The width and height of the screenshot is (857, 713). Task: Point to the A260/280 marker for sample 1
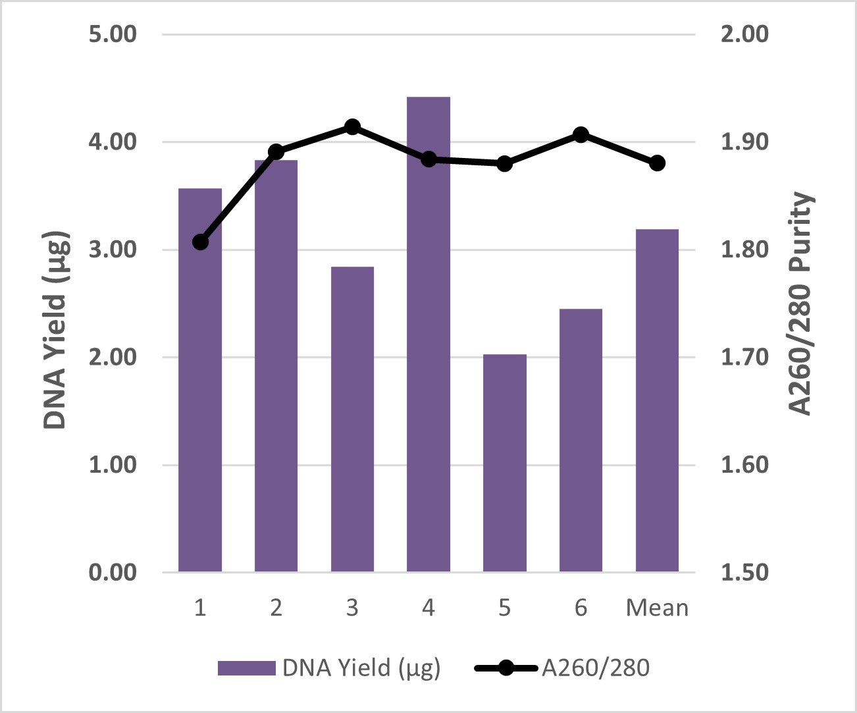pos(201,242)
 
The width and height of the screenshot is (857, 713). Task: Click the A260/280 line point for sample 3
pos(352,126)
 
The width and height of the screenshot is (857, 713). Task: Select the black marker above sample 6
pos(581,135)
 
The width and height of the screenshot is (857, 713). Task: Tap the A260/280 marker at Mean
pos(657,163)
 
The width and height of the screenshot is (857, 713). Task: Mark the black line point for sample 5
pos(504,163)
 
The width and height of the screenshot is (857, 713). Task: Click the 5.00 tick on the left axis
pos(113,34)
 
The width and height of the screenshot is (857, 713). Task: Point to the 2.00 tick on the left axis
pos(113,357)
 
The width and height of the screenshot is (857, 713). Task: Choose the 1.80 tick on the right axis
pos(744,250)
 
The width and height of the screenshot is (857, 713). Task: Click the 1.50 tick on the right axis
pos(744,573)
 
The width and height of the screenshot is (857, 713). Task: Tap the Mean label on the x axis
pos(657,608)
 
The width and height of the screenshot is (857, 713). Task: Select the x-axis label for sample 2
pos(276,608)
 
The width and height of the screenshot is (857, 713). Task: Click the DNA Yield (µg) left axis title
pos(55,329)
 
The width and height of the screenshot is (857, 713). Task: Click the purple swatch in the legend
pos(246,668)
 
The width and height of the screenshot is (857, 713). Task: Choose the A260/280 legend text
pos(596,668)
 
